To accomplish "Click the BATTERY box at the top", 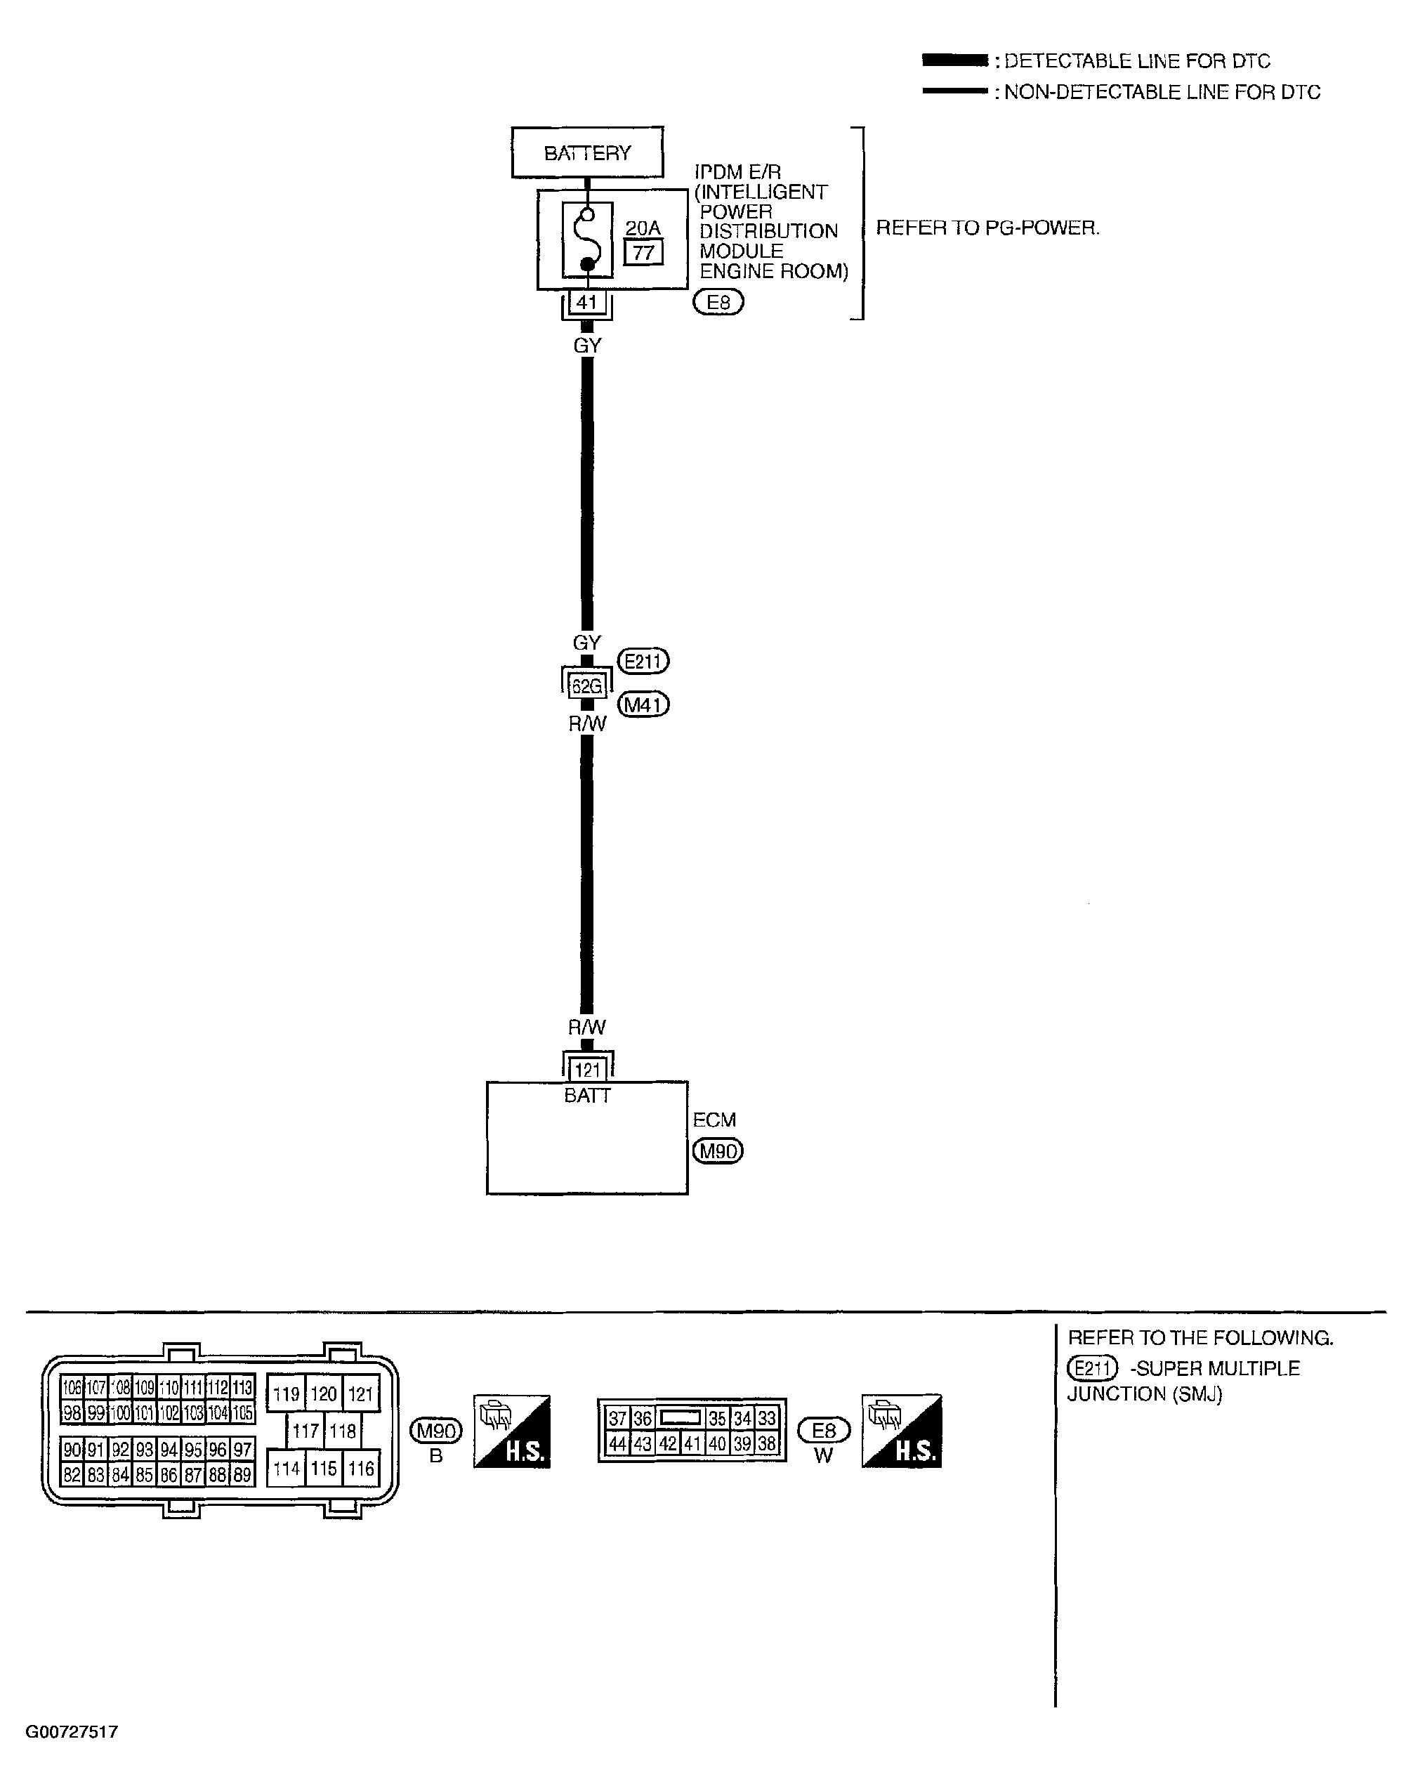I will [586, 152].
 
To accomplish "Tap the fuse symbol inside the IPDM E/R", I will [587, 240].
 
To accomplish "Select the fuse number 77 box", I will [643, 252].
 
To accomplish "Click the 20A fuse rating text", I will [643, 228].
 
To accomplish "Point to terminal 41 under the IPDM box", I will [586, 303].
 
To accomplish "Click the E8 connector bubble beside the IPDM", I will [718, 303].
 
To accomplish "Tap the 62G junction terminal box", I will [586, 685].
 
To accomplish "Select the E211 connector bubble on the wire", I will [643, 661].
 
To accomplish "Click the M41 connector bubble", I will [643, 705].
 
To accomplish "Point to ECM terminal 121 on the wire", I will [586, 1070].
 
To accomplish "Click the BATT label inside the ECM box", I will [586, 1096].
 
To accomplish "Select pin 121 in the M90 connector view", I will [361, 1394].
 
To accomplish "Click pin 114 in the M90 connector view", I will [287, 1469].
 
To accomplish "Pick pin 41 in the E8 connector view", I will [692, 1443].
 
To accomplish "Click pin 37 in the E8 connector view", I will [617, 1419].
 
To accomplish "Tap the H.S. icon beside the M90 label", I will [511, 1432].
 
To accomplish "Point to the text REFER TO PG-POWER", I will [988, 228].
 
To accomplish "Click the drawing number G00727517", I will [72, 1731].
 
